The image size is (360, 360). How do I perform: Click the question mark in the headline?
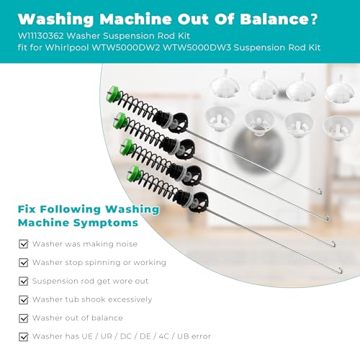tap(314, 19)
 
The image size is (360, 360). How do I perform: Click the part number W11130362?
tap(40, 36)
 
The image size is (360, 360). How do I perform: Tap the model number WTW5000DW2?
tap(126, 48)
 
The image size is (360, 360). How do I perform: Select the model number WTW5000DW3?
tap(197, 48)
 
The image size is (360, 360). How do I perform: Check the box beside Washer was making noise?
tap(24, 244)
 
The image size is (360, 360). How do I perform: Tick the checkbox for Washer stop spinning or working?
tap(24, 263)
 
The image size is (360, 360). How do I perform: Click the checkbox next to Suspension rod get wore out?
tap(24, 281)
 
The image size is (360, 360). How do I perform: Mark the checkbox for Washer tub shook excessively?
tap(24, 300)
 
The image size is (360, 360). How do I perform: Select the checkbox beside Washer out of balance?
tap(24, 318)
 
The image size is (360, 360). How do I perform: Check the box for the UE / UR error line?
tap(24, 336)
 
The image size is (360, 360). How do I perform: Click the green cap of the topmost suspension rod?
tap(112, 94)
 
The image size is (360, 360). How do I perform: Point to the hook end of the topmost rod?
tap(320, 192)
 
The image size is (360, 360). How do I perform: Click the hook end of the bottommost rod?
tap(341, 271)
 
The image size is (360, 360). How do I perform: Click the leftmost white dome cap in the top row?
tap(225, 85)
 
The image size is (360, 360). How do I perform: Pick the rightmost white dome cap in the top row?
tap(339, 89)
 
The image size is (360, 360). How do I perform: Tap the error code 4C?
tap(164, 336)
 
